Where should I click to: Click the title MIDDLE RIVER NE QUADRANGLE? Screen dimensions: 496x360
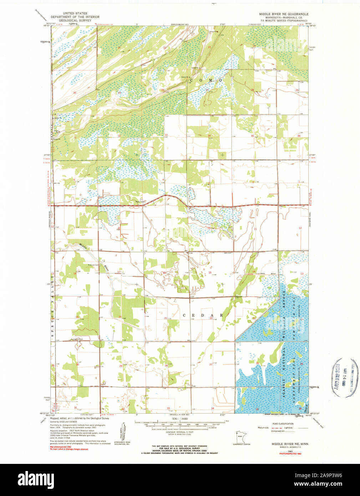(x=284, y=14)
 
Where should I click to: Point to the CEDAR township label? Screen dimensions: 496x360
(x=203, y=315)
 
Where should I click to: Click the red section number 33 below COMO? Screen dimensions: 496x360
(x=166, y=135)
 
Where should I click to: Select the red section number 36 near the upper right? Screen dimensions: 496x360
(x=299, y=136)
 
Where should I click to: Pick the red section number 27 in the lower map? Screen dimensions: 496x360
(x=211, y=364)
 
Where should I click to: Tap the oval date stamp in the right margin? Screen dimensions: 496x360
(x=343, y=378)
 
